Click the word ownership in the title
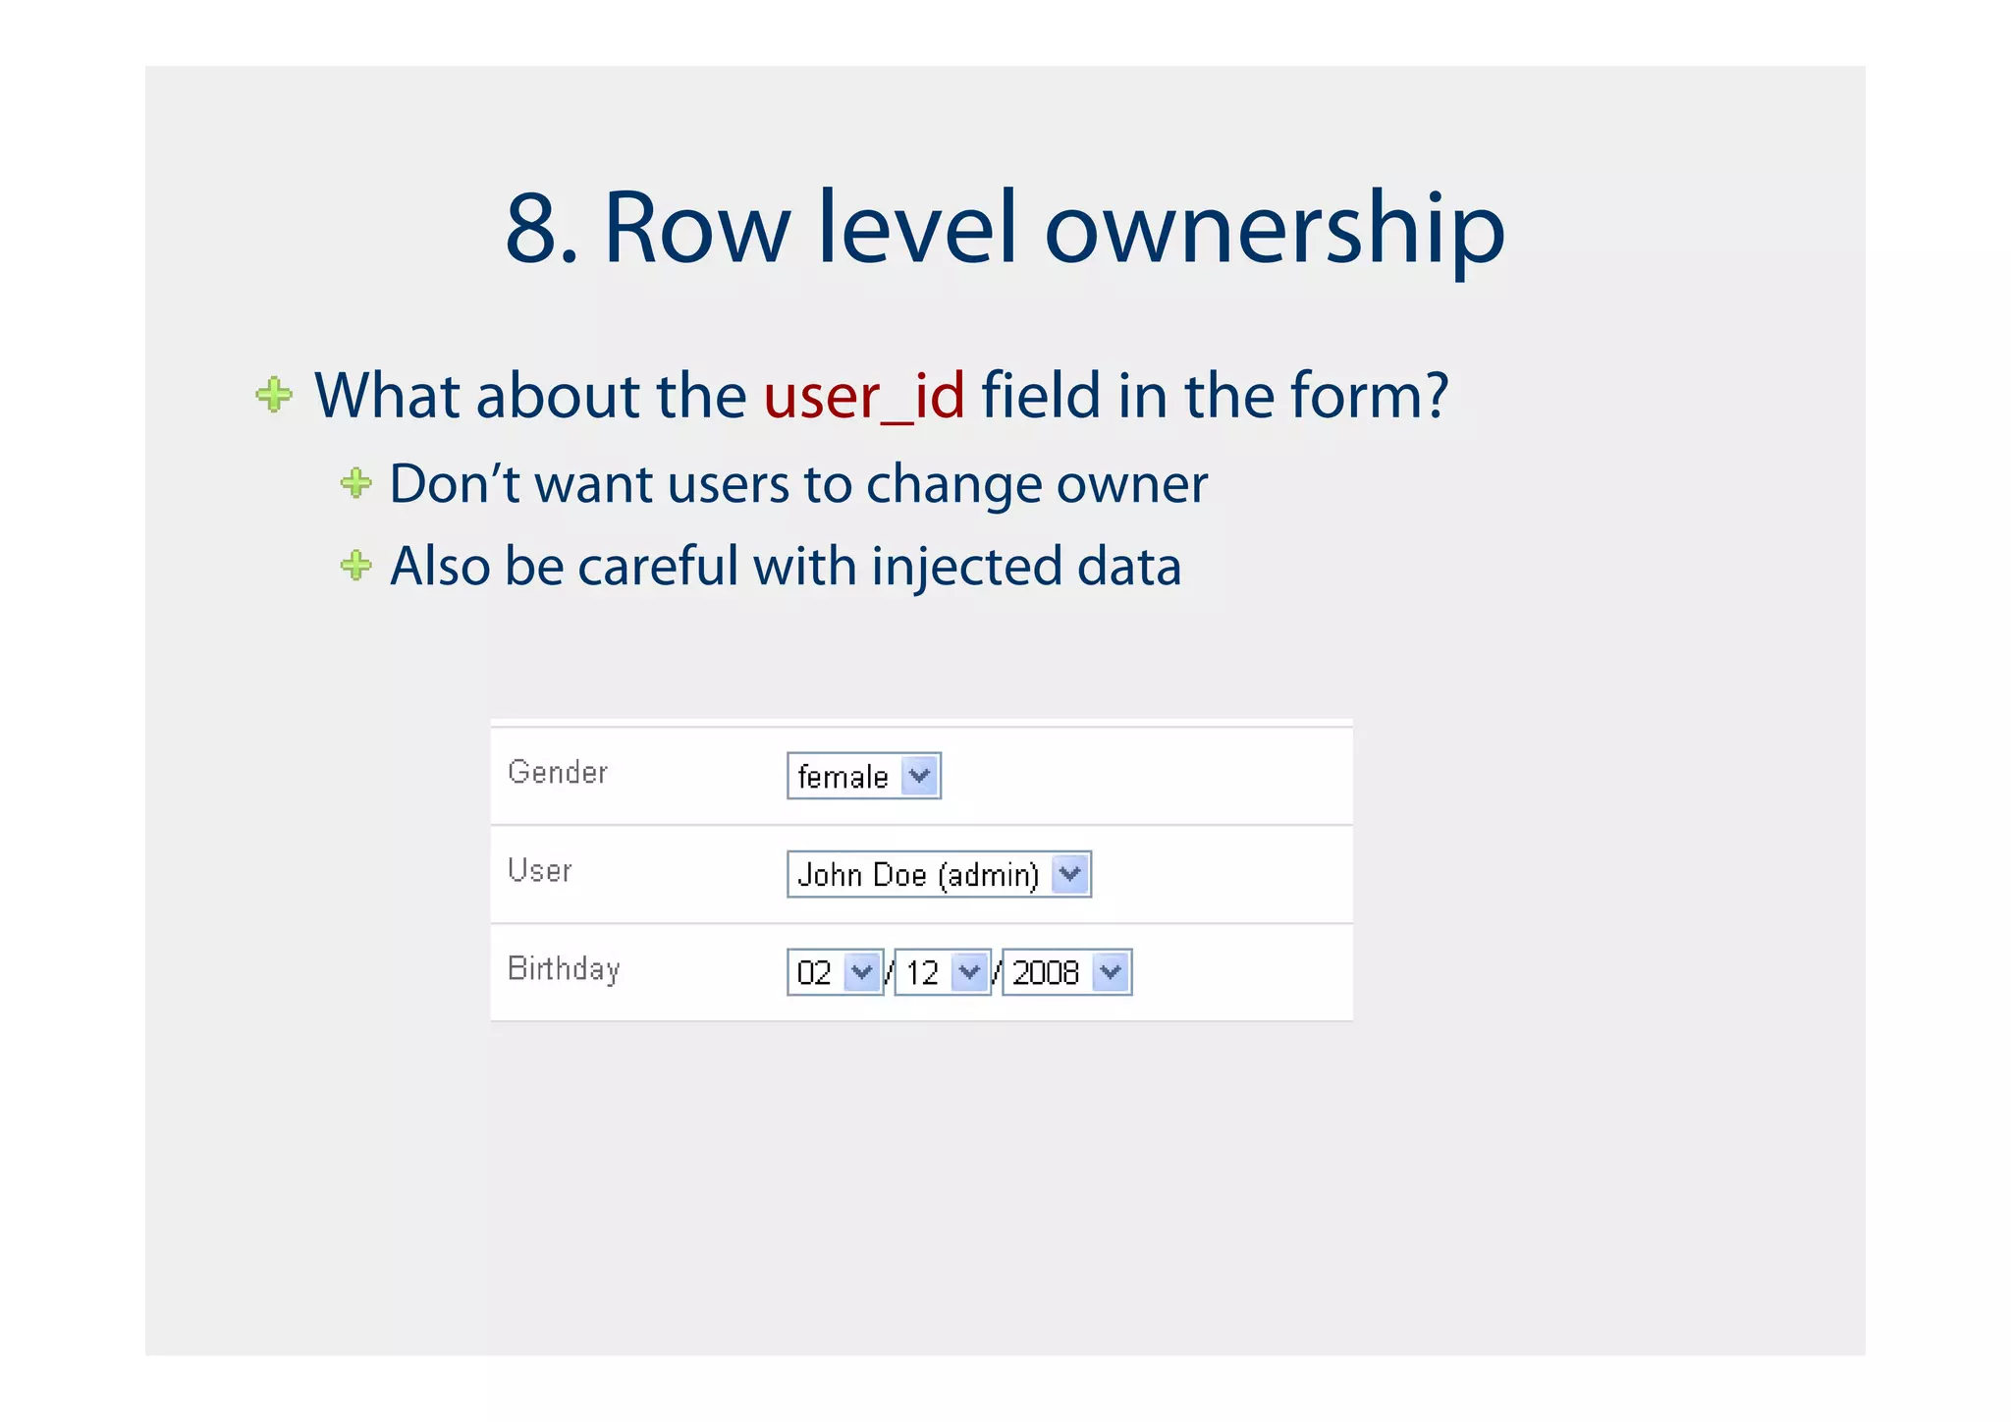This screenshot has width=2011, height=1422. point(1274,231)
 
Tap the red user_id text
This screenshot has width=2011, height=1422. point(864,396)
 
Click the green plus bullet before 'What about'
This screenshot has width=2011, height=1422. point(274,395)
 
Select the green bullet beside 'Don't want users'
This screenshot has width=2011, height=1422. point(355,482)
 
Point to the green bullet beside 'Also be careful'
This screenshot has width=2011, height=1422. point(355,565)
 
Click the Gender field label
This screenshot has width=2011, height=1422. point(558,772)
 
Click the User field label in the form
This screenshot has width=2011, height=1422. point(540,870)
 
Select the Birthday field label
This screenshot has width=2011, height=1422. point(564,969)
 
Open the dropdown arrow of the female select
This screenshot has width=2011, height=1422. point(919,776)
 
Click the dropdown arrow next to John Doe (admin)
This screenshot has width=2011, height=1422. point(1069,874)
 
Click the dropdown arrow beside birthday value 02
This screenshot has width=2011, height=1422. point(862,972)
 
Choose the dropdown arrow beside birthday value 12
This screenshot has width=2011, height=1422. point(969,972)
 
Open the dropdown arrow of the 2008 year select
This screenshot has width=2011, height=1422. point(1111,972)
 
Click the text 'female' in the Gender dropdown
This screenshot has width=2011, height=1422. point(842,777)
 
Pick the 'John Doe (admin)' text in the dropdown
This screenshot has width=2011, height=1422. point(917,875)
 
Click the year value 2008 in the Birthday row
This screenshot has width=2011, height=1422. point(1045,973)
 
